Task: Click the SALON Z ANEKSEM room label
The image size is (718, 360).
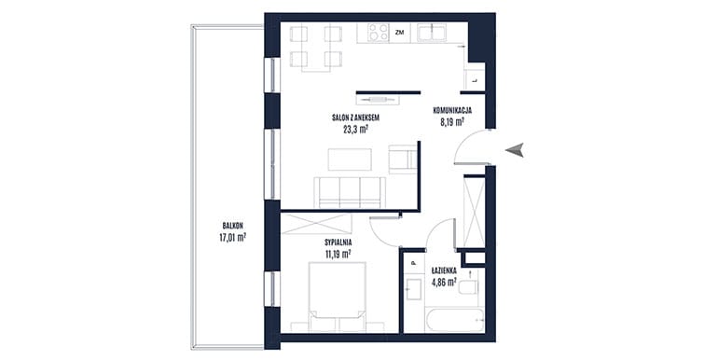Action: point(356,118)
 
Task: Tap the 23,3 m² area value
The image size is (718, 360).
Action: point(356,129)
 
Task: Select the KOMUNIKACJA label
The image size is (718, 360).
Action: point(452,110)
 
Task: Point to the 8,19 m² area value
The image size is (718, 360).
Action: point(451,122)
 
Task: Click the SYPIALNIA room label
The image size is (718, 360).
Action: point(338,242)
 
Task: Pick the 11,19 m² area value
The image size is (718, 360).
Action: point(338,255)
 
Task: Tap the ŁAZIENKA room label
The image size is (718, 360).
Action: point(444,271)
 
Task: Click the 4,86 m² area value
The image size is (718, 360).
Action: point(444,283)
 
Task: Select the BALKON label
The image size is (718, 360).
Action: point(232,226)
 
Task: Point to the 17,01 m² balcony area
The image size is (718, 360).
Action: point(232,237)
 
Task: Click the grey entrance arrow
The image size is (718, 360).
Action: point(515,150)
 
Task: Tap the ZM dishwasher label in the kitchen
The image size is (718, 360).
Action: point(399,33)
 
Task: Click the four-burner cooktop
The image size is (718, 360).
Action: point(379,33)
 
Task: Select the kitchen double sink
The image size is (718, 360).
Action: point(432,33)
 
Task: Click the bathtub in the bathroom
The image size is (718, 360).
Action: point(454,320)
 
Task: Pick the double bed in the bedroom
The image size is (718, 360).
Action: point(338,297)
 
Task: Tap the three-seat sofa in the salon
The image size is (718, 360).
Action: point(350,192)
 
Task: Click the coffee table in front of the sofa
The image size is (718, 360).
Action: point(351,159)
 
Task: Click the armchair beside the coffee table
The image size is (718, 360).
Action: point(403,159)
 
